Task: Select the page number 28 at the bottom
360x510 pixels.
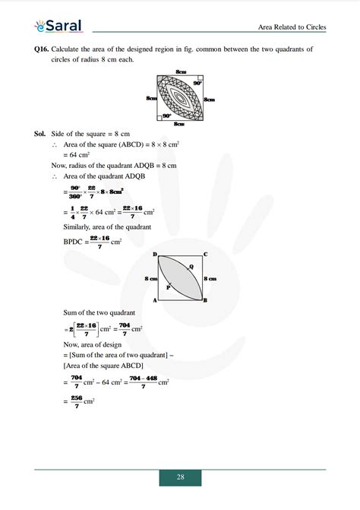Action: point(180,477)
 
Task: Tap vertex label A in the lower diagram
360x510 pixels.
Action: point(154,301)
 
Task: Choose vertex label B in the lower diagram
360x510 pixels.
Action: point(205,301)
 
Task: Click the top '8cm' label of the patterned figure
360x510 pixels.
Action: point(181,71)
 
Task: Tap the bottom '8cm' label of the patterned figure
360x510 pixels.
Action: point(180,124)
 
